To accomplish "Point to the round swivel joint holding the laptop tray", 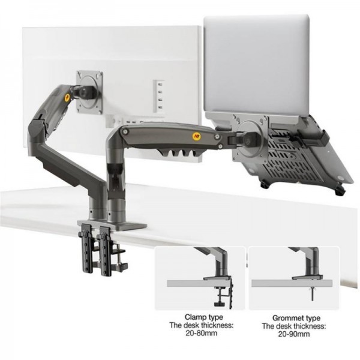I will tap(253, 133).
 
